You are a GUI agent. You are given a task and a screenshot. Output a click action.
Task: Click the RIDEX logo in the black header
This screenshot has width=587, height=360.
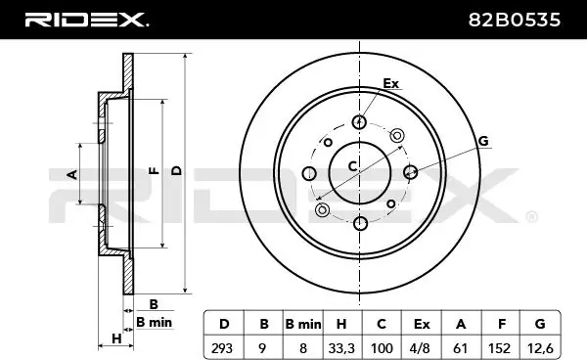click(x=86, y=20)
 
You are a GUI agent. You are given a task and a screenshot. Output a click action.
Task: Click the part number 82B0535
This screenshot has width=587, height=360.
click(x=515, y=20)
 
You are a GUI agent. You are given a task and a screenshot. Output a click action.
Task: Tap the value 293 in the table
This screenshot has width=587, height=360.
click(x=222, y=348)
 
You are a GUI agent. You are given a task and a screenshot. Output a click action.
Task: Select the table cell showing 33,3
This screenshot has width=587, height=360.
click(x=341, y=348)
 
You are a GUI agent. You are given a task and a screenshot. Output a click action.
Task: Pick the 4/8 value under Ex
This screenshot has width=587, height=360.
click(x=420, y=348)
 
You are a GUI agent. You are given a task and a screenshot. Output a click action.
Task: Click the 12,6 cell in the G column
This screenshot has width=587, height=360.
click(x=540, y=348)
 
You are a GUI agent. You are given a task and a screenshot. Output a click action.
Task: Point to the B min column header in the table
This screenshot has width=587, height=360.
click(x=303, y=324)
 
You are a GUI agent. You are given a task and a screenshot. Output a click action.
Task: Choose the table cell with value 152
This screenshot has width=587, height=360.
click(x=499, y=348)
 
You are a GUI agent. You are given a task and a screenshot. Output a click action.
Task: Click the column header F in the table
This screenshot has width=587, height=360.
click(x=502, y=324)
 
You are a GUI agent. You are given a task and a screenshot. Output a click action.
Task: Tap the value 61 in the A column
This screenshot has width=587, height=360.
click(x=460, y=348)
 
